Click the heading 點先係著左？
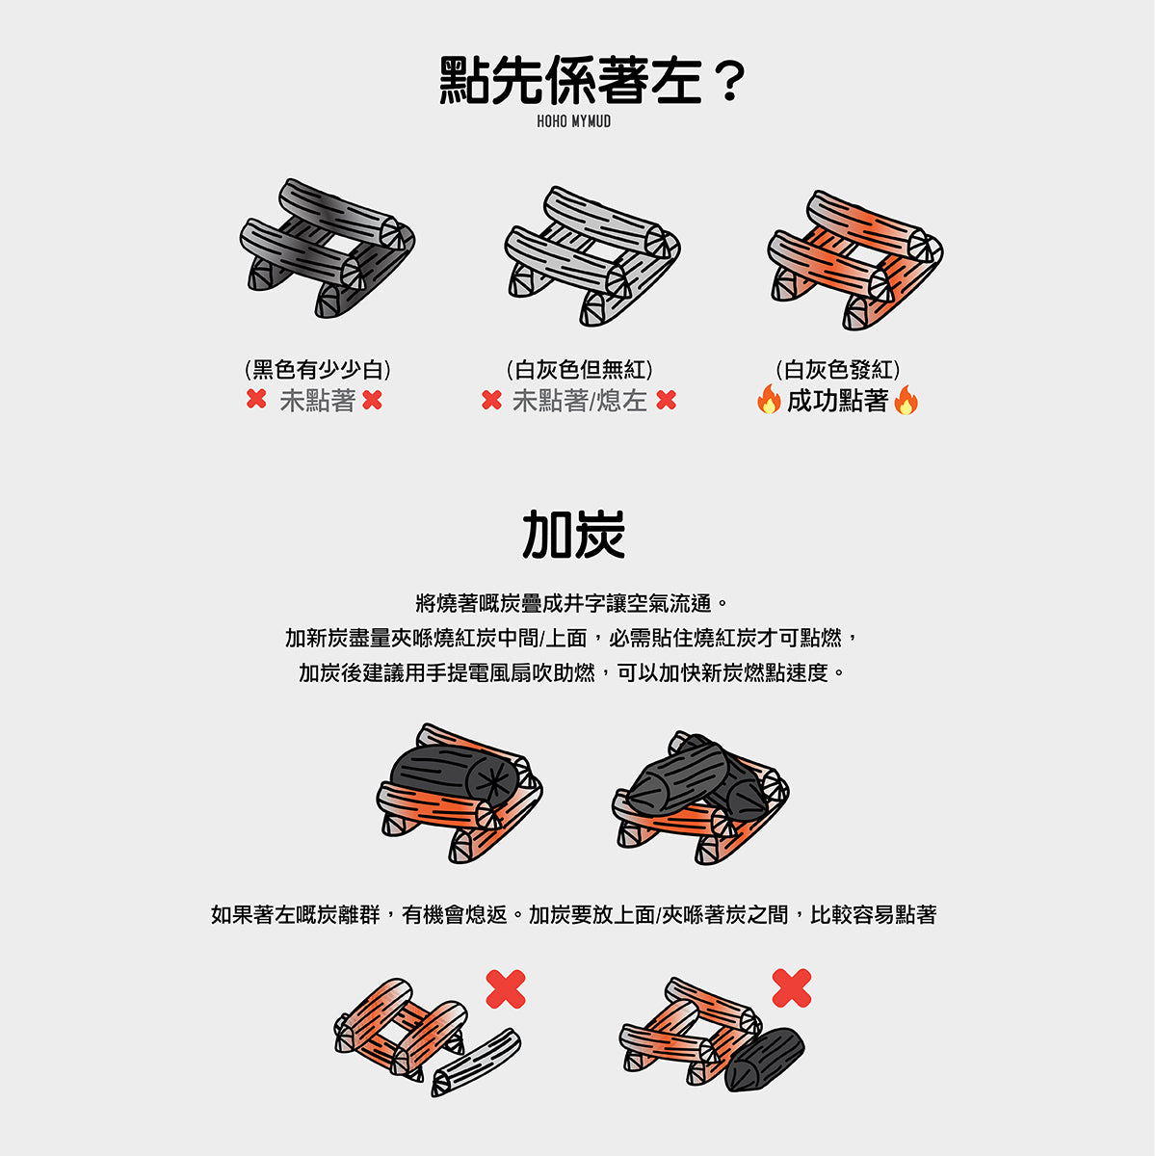coord(592,80)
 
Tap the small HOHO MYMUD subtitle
coord(573,121)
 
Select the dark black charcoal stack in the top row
coord(328,249)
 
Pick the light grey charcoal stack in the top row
coord(592,256)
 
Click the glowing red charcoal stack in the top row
coord(854,260)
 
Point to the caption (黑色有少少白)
coord(317,370)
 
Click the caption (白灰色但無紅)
coord(579,370)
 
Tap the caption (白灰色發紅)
coord(837,370)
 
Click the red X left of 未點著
coord(256,399)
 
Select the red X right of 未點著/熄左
coord(666,400)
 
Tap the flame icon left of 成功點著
coord(769,399)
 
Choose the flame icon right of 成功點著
coord(906,400)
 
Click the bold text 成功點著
coord(837,401)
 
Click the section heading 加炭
coord(573,535)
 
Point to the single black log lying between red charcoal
coord(454,776)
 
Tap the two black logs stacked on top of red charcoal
coord(698,777)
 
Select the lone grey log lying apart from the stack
coord(476,1062)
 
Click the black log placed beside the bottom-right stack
coord(764,1060)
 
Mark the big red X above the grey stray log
coord(506,988)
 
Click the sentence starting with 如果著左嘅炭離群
coord(573,915)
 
